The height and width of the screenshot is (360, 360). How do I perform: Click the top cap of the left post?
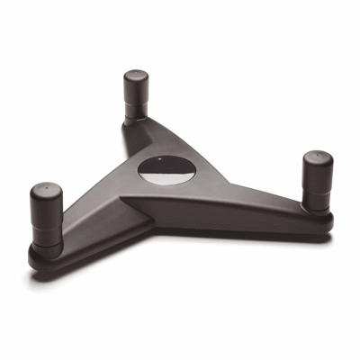click(x=44, y=190)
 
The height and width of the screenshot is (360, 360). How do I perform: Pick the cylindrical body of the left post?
click(x=44, y=216)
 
